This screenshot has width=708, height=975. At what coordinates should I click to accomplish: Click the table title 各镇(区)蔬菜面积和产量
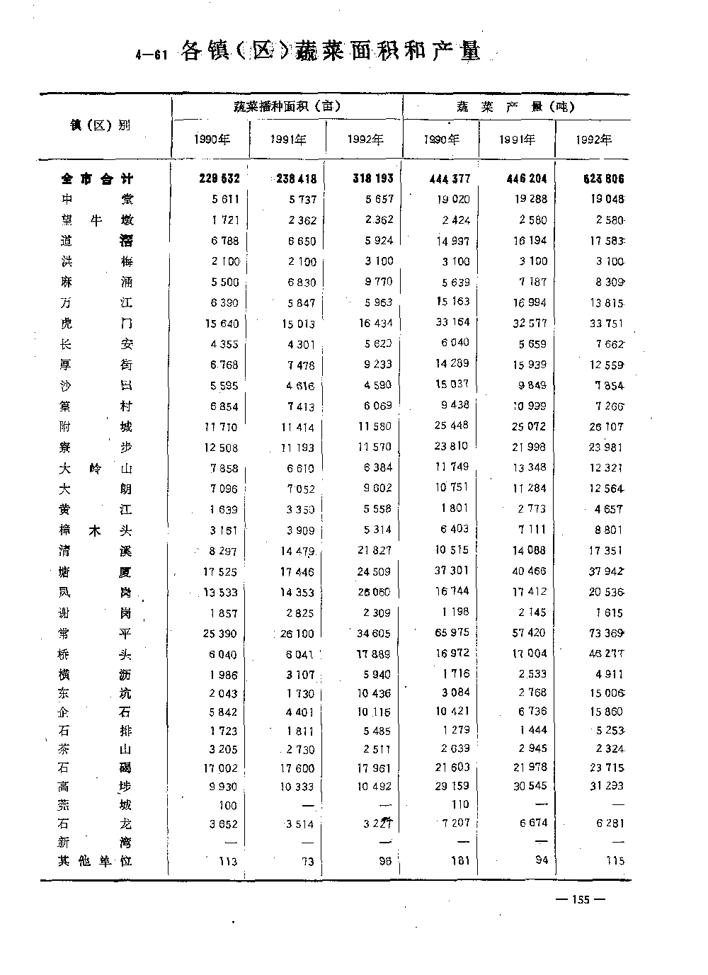click(331, 52)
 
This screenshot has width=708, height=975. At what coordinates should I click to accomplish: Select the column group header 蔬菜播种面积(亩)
click(287, 106)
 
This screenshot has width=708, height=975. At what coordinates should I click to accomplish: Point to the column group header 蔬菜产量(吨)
click(515, 107)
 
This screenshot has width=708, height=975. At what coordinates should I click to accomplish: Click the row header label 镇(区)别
click(100, 125)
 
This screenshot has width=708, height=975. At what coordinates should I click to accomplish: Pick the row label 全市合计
click(97, 179)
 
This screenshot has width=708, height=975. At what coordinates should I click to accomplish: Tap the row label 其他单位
click(96, 861)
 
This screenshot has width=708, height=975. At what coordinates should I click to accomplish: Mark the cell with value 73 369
click(606, 633)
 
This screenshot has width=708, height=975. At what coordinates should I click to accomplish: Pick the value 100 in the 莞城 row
click(228, 805)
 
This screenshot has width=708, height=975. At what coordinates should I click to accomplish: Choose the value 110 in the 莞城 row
click(460, 804)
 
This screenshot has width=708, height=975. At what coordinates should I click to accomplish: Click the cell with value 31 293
click(607, 786)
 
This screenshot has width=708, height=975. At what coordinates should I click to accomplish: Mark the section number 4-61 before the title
click(150, 56)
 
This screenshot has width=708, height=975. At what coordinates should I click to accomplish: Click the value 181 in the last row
click(460, 861)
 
